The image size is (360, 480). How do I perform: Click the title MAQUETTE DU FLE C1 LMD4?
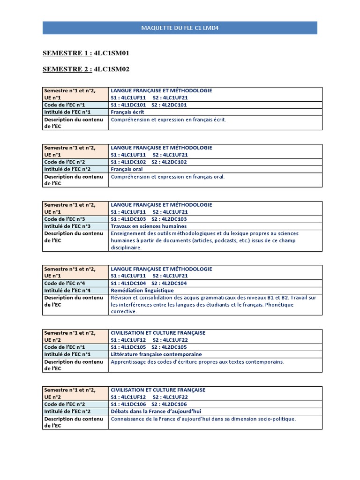(x=180, y=28)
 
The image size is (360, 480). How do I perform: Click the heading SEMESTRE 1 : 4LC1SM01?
(x=86, y=53)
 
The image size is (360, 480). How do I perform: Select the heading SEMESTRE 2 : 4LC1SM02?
(x=86, y=69)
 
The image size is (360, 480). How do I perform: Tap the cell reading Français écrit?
(x=127, y=112)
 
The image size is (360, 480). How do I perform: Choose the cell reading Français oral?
(x=127, y=169)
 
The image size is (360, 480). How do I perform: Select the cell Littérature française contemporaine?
(x=156, y=354)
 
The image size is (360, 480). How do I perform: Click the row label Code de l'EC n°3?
(x=65, y=219)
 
